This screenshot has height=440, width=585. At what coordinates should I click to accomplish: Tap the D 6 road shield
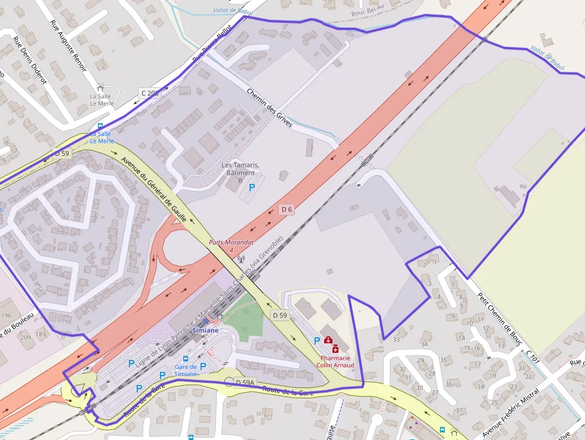click(x=287, y=209)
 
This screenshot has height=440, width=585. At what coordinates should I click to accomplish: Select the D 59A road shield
click(x=245, y=382)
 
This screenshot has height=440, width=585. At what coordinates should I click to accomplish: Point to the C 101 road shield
click(x=532, y=358)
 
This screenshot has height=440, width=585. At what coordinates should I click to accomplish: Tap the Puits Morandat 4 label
click(x=231, y=245)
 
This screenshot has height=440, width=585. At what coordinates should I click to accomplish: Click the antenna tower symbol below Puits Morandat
click(x=241, y=259)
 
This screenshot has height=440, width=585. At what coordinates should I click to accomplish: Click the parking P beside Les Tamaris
click(x=252, y=187)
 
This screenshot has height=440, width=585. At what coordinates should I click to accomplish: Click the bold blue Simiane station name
click(x=205, y=330)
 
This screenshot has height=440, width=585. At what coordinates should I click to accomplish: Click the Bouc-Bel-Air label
click(x=368, y=13)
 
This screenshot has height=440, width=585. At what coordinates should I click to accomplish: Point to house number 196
click(x=6, y=315)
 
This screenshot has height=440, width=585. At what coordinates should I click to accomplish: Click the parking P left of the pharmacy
click(x=316, y=340)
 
